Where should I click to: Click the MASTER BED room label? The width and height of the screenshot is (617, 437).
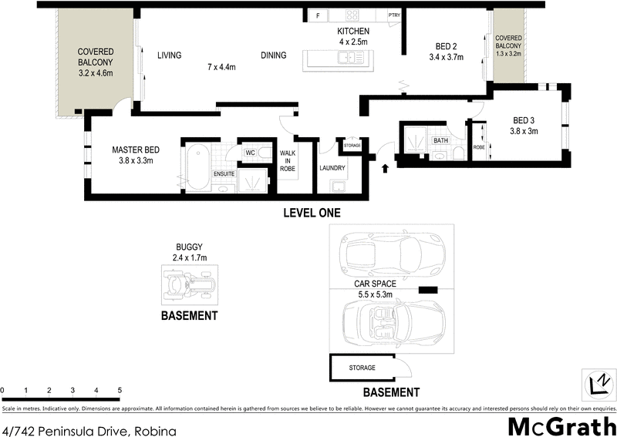click(x=136, y=150)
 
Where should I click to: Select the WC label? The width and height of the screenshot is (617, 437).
click(x=249, y=153)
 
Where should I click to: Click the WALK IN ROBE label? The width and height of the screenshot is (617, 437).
click(x=288, y=160)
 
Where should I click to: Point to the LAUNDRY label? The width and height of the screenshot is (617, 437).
click(x=332, y=168)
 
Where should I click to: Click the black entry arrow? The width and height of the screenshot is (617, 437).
click(x=386, y=168)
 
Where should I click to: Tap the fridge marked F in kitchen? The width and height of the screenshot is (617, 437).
click(x=317, y=15)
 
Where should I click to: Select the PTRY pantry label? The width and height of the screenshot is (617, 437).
click(x=394, y=15)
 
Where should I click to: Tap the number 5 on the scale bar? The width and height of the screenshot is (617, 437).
click(x=120, y=391)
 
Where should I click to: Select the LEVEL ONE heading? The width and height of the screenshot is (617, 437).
click(x=311, y=213)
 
